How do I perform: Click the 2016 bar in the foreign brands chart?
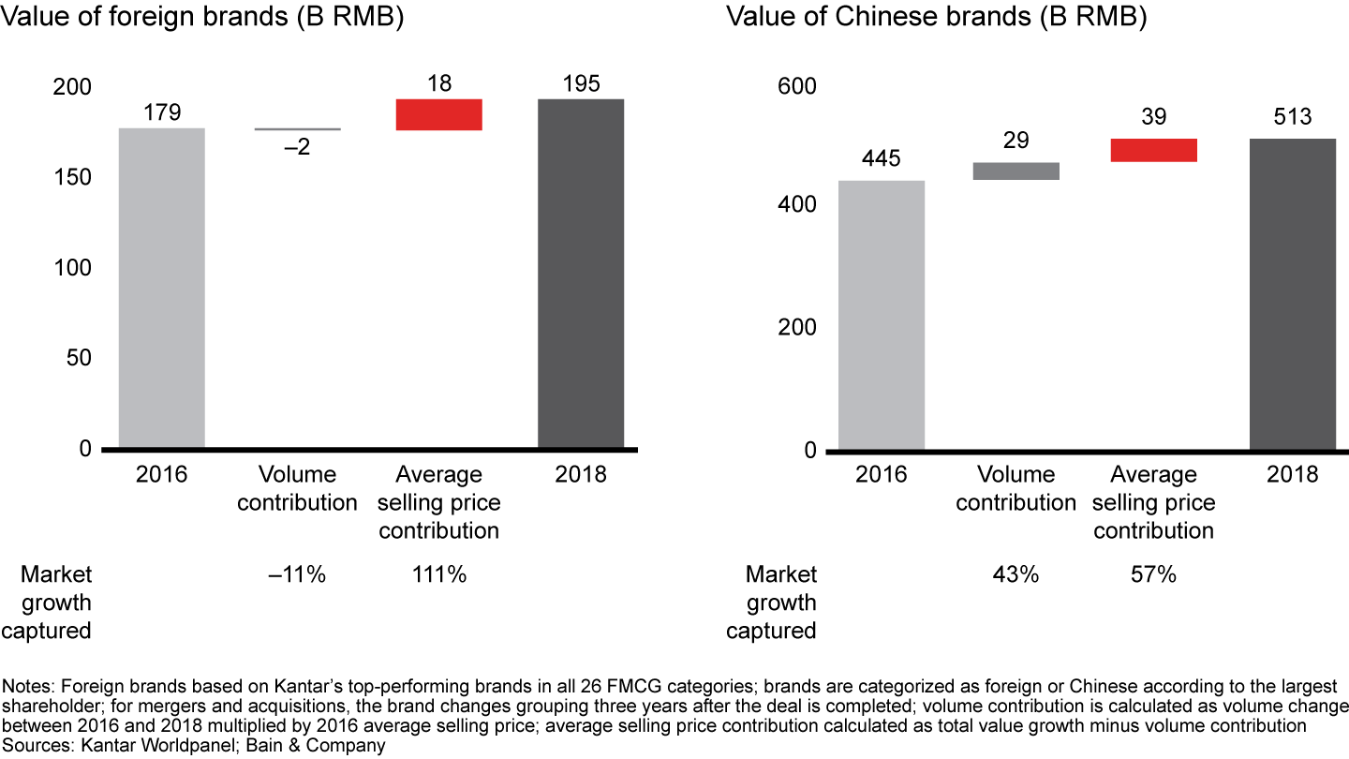point(161,288)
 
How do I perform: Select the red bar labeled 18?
point(438,114)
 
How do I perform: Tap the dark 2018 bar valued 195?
point(580,274)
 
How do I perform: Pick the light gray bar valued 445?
point(881,315)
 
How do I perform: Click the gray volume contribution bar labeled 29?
point(1015,171)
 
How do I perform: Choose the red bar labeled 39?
point(1153,150)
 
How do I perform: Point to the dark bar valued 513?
point(1293,294)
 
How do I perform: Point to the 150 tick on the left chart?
point(73,177)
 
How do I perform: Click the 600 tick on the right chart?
point(799,86)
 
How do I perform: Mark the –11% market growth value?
point(298,574)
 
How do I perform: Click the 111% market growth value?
point(438,574)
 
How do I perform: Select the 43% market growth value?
point(1016,574)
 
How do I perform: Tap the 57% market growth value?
point(1153,574)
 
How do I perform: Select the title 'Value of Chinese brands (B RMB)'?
point(936,17)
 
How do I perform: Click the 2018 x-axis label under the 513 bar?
point(1293,474)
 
